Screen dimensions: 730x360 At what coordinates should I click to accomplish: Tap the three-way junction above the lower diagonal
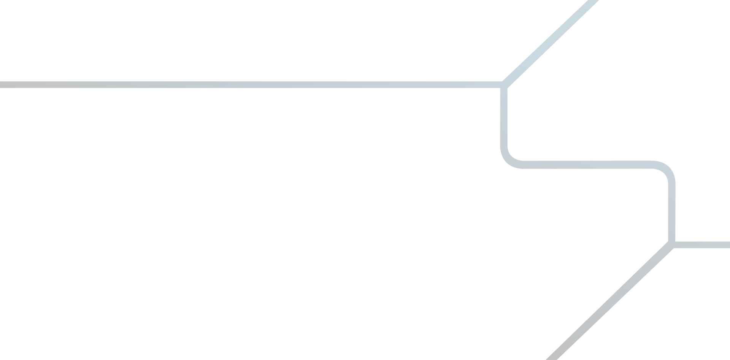tap(671, 244)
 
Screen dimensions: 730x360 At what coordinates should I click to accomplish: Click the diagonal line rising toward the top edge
tap(551, 40)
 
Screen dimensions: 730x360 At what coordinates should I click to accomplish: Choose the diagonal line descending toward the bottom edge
tap(612, 302)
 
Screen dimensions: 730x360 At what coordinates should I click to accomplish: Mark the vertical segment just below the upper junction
tap(505, 118)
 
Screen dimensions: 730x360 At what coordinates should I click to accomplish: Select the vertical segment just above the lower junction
tap(672, 213)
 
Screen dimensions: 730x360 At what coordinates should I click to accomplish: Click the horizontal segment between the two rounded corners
tap(587, 165)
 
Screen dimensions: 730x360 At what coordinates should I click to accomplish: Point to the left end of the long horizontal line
tap(2, 85)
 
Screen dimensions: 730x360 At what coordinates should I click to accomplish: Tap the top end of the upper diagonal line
tap(592, 2)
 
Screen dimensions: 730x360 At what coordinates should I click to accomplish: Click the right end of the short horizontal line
tap(728, 244)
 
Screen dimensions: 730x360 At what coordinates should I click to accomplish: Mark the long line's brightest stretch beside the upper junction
tap(475, 85)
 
